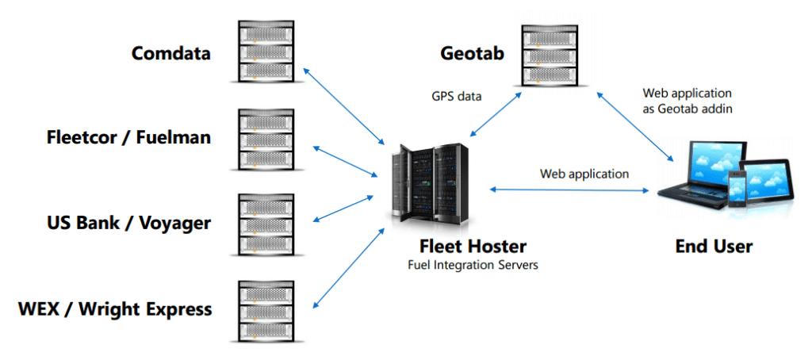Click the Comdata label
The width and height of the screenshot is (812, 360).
click(172, 54)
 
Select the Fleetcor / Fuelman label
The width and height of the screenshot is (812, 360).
click(128, 137)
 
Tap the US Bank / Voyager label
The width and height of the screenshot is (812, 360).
click(129, 223)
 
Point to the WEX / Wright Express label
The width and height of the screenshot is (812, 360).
click(115, 308)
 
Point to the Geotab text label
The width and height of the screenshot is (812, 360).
click(473, 54)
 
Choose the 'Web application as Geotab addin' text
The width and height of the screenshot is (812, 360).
click(687, 101)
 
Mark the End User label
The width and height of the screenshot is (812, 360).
click(714, 247)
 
